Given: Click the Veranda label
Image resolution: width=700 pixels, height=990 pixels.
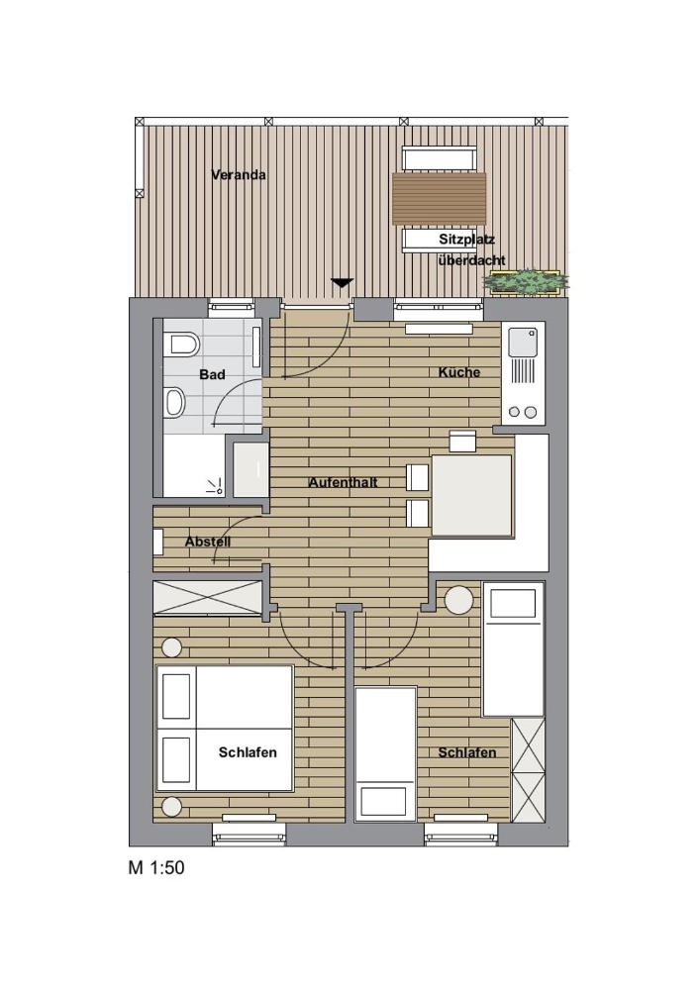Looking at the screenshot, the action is pyautogui.click(x=238, y=175).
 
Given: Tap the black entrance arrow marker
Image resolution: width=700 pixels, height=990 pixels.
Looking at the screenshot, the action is pyautogui.click(x=342, y=283).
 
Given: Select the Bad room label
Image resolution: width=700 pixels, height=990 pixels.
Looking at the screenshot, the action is pyautogui.click(x=212, y=374).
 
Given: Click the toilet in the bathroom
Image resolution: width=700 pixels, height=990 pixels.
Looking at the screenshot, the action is pyautogui.click(x=182, y=345).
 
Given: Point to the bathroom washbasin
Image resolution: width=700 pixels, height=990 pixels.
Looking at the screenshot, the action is pyautogui.click(x=174, y=403).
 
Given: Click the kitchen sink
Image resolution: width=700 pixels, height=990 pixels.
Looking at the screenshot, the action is pyautogui.click(x=523, y=342).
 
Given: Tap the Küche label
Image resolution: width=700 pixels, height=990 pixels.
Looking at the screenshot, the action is pyautogui.click(x=459, y=372).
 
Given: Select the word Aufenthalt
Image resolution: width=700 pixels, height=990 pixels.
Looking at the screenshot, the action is pyautogui.click(x=344, y=482).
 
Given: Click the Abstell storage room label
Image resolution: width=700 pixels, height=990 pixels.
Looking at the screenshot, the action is pyautogui.click(x=208, y=542).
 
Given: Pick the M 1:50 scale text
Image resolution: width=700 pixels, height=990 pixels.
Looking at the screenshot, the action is pyautogui.click(x=156, y=867).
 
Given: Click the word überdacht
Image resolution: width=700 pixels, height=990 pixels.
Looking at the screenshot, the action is pyautogui.click(x=471, y=259).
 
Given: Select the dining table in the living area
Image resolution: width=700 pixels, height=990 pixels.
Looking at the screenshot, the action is pyautogui.click(x=471, y=496).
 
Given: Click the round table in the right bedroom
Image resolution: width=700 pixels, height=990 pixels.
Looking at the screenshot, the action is pyautogui.click(x=458, y=601).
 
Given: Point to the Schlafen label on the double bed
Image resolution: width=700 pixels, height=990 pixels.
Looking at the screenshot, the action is pyautogui.click(x=248, y=752).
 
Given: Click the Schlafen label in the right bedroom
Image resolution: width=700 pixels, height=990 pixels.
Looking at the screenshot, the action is pyautogui.click(x=467, y=752).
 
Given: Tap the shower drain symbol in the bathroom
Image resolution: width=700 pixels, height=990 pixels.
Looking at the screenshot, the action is pyautogui.click(x=215, y=486).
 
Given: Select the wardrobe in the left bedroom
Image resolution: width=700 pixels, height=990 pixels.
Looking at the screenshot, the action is pyautogui.click(x=208, y=597).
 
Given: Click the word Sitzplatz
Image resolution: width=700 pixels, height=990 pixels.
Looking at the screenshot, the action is pyautogui.click(x=467, y=240).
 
